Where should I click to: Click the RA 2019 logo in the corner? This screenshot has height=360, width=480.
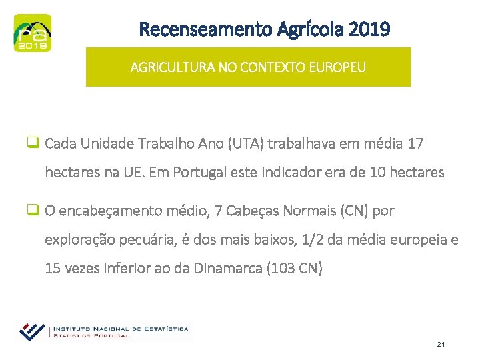32,33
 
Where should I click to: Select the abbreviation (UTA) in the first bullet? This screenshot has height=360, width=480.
246,143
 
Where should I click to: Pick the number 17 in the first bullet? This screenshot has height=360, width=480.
415,143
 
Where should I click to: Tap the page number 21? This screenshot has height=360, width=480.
441,344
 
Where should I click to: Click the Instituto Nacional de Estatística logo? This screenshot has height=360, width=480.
103,331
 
